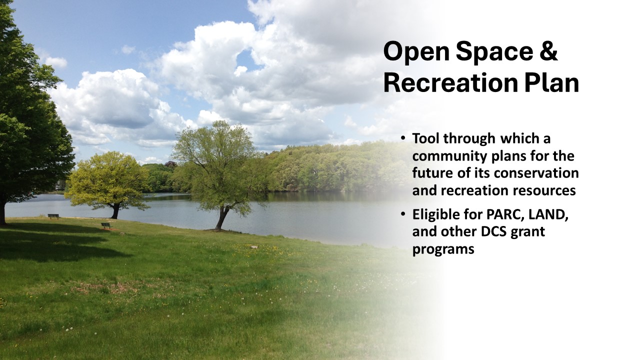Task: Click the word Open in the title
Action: click(416, 51)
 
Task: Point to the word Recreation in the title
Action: click(450, 82)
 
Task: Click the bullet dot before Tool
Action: click(403, 138)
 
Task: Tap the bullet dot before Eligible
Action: click(403, 214)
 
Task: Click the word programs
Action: click(443, 249)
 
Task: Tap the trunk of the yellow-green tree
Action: click(115, 211)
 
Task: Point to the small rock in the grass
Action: click(254, 247)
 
